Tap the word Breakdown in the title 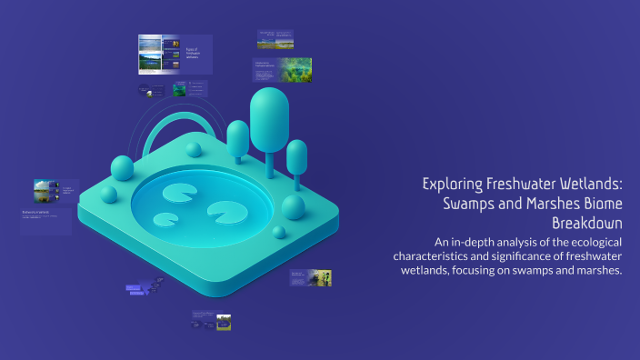[x=586, y=224]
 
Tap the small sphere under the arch [x=193, y=150]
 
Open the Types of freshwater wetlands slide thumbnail [x=175, y=54]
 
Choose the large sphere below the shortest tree [x=293, y=207]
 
